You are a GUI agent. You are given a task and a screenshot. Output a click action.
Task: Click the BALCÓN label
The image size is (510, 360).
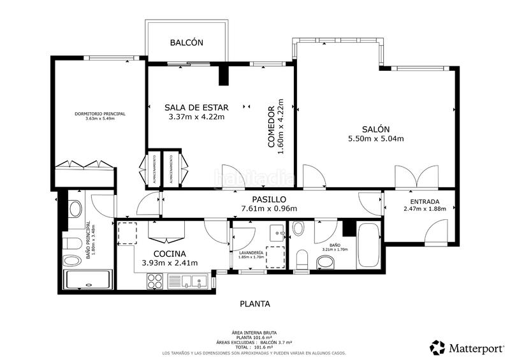click(x=186, y=43)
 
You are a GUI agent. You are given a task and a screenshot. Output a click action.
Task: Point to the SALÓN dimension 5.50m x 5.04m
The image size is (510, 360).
click(x=376, y=138)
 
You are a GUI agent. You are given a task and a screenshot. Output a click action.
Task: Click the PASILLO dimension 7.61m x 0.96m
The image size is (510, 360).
click(x=268, y=208)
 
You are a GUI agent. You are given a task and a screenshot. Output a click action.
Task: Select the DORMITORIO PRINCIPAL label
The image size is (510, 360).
click(x=99, y=113)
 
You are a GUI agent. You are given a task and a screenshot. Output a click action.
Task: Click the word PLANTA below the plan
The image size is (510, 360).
click(x=254, y=304)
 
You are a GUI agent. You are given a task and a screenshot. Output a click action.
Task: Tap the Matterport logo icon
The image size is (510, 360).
click(x=437, y=347)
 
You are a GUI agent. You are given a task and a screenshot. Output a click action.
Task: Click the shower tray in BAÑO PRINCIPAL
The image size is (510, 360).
click(x=87, y=280)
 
